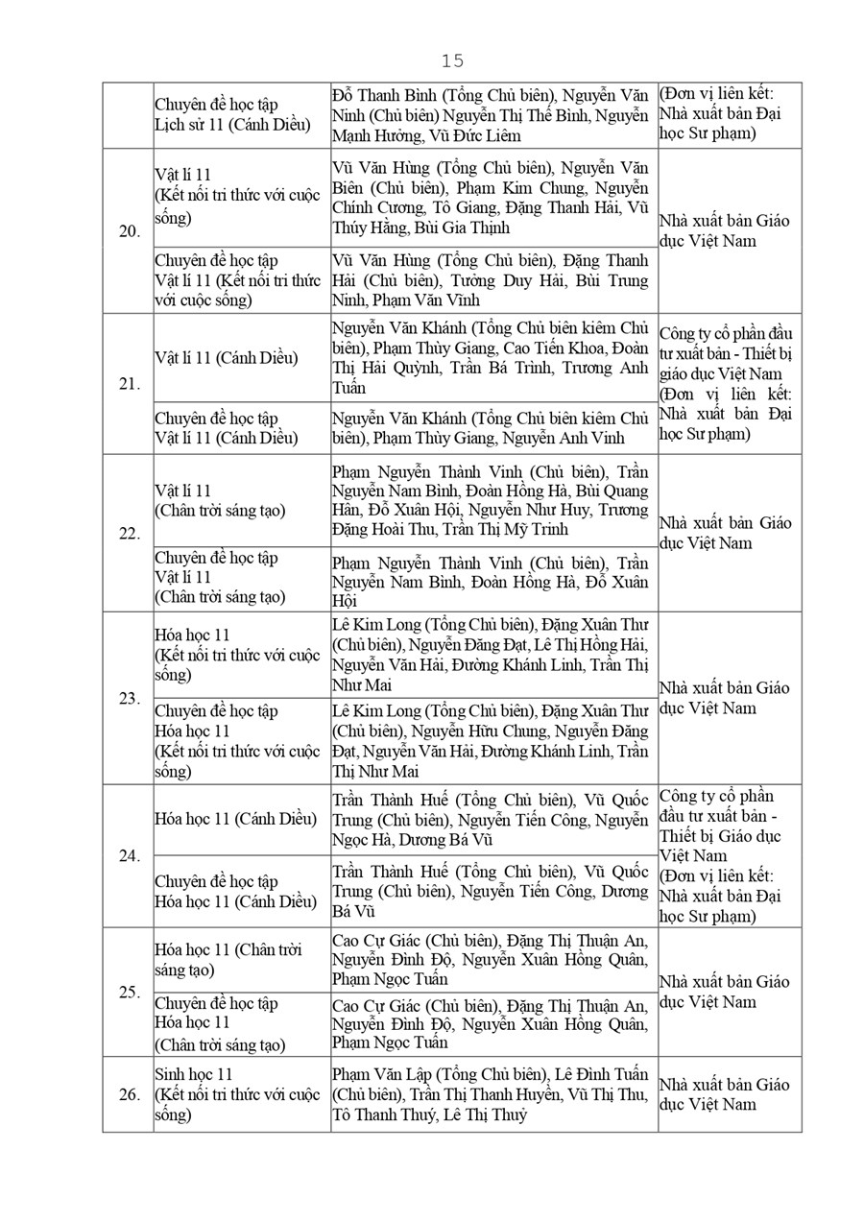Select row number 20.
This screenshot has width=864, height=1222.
tap(129, 231)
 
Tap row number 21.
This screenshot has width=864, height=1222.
tap(129, 384)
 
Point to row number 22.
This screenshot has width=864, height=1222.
tap(129, 534)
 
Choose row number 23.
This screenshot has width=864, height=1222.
tap(129, 698)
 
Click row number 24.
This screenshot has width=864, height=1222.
tap(129, 856)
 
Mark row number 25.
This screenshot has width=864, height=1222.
tap(129, 993)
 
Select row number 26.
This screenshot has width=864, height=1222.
tap(129, 1094)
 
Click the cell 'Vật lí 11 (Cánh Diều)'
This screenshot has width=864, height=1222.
tap(227, 358)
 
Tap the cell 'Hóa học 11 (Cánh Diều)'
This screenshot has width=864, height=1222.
tap(235, 819)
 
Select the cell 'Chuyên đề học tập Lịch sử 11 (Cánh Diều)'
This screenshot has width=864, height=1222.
tap(233, 115)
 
